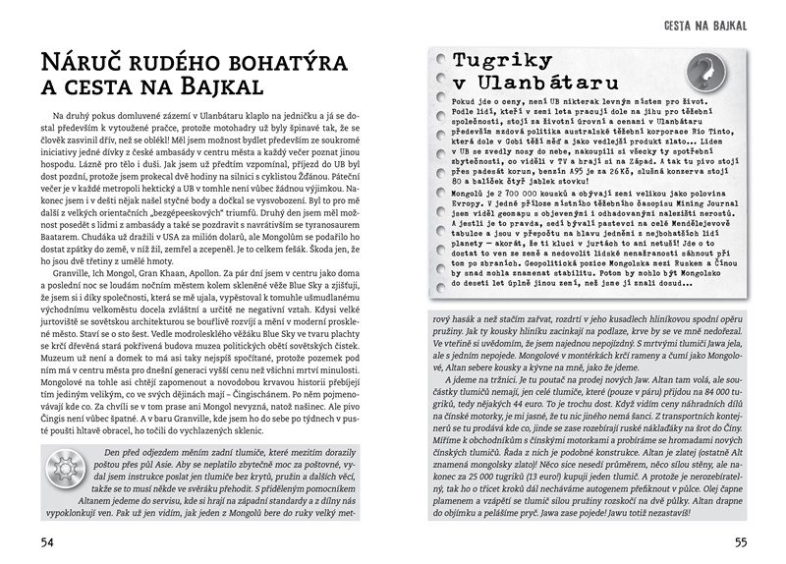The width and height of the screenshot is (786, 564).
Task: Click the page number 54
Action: [46, 543]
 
